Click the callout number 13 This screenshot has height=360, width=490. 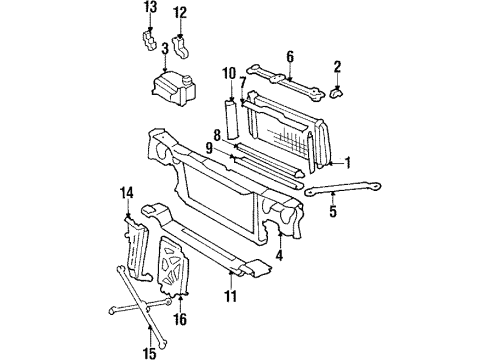tap(149, 8)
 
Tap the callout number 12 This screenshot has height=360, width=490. tap(180, 13)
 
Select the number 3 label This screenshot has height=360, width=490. tap(165, 47)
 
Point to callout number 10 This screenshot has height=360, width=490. tap(228, 72)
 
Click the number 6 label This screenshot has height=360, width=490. tap(289, 56)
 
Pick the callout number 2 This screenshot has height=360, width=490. tap(338, 67)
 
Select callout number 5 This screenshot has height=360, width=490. tap(334, 211)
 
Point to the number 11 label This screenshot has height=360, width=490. tap(231, 297)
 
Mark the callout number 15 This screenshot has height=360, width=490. tap(150, 351)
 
